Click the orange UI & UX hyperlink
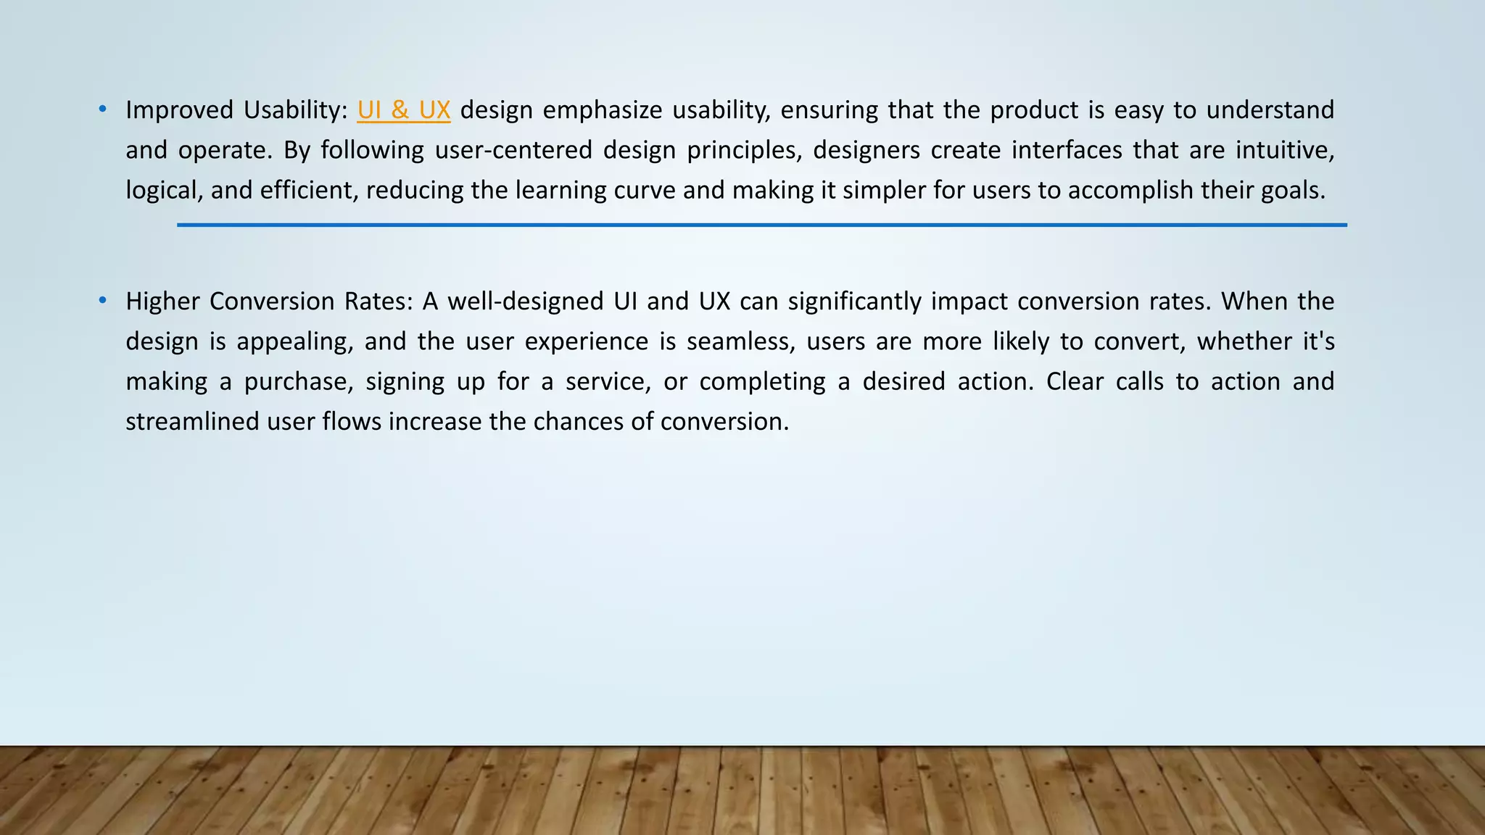pyautogui.click(x=403, y=110)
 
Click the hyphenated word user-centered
pyautogui.click(x=513, y=150)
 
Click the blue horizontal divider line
pyautogui.click(x=761, y=225)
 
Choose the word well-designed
pyautogui.click(x=525, y=301)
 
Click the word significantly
pyautogui.click(x=854, y=301)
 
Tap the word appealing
pyautogui.click(x=294, y=341)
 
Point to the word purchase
pyautogui.click(x=298, y=381)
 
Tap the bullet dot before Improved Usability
pyautogui.click(x=103, y=109)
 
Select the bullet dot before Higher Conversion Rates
pyautogui.click(x=103, y=300)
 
